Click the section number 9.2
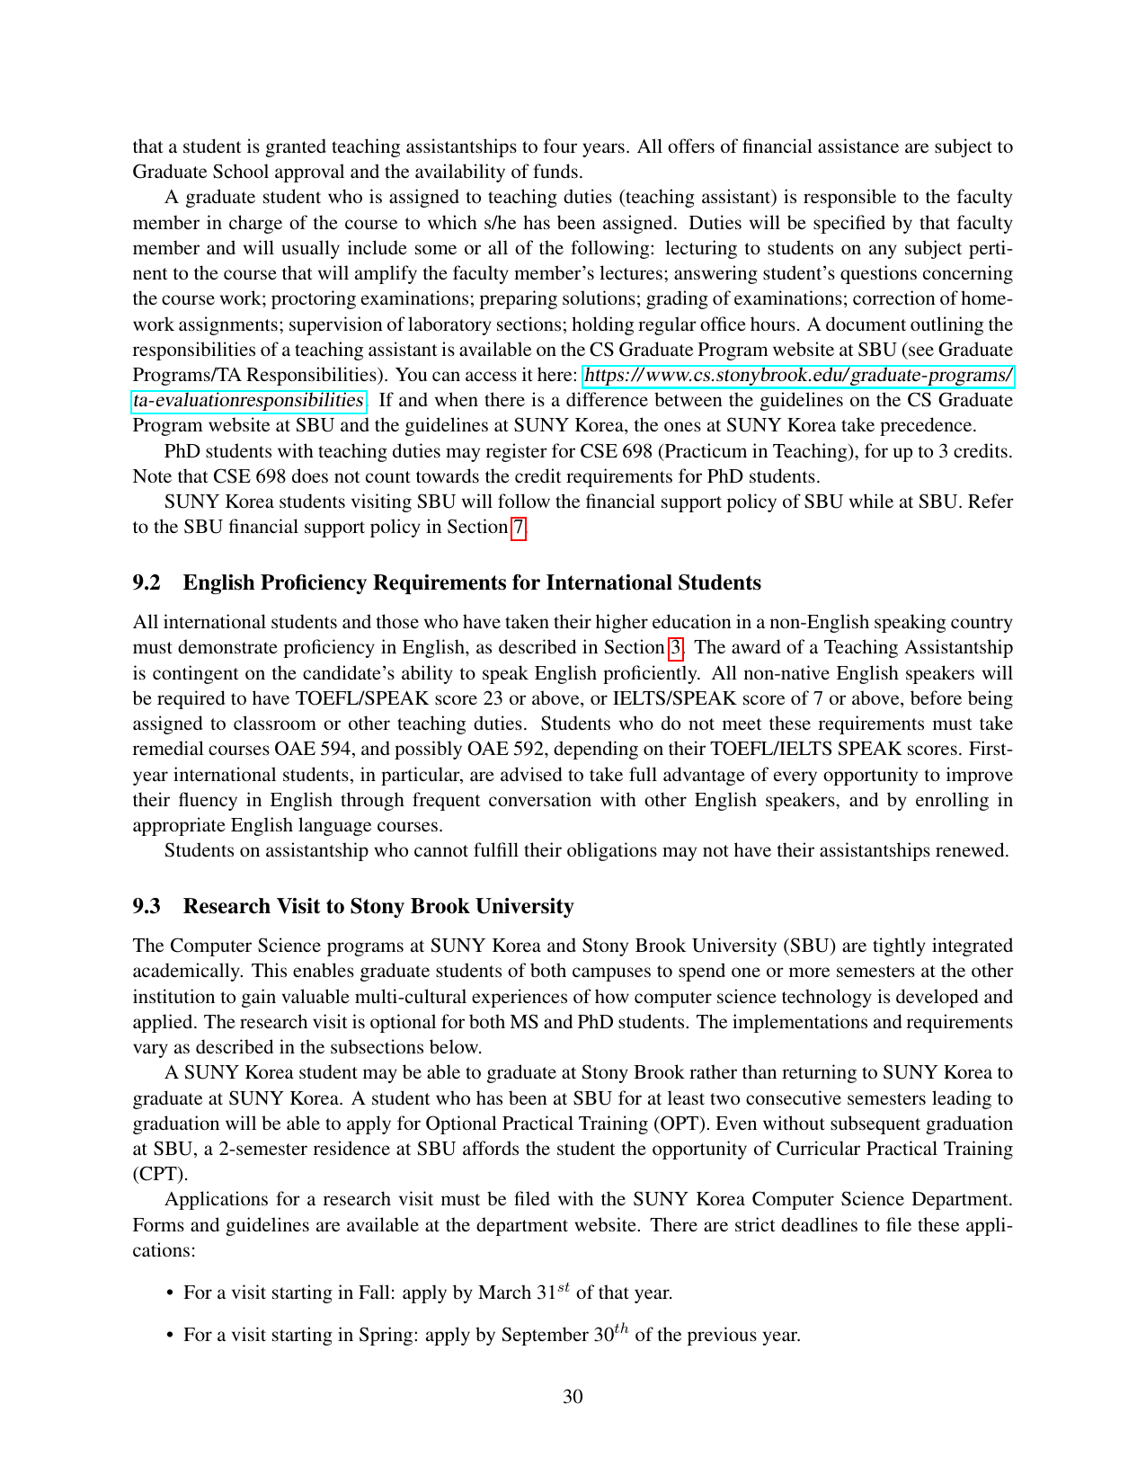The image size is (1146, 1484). tap(147, 583)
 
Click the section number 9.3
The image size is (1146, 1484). tap(147, 907)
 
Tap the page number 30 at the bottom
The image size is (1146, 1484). tap(573, 1397)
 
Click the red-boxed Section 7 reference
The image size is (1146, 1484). tap(518, 528)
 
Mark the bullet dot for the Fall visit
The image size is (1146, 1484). tap(170, 1293)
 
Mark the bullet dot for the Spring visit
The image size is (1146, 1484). tap(170, 1336)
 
